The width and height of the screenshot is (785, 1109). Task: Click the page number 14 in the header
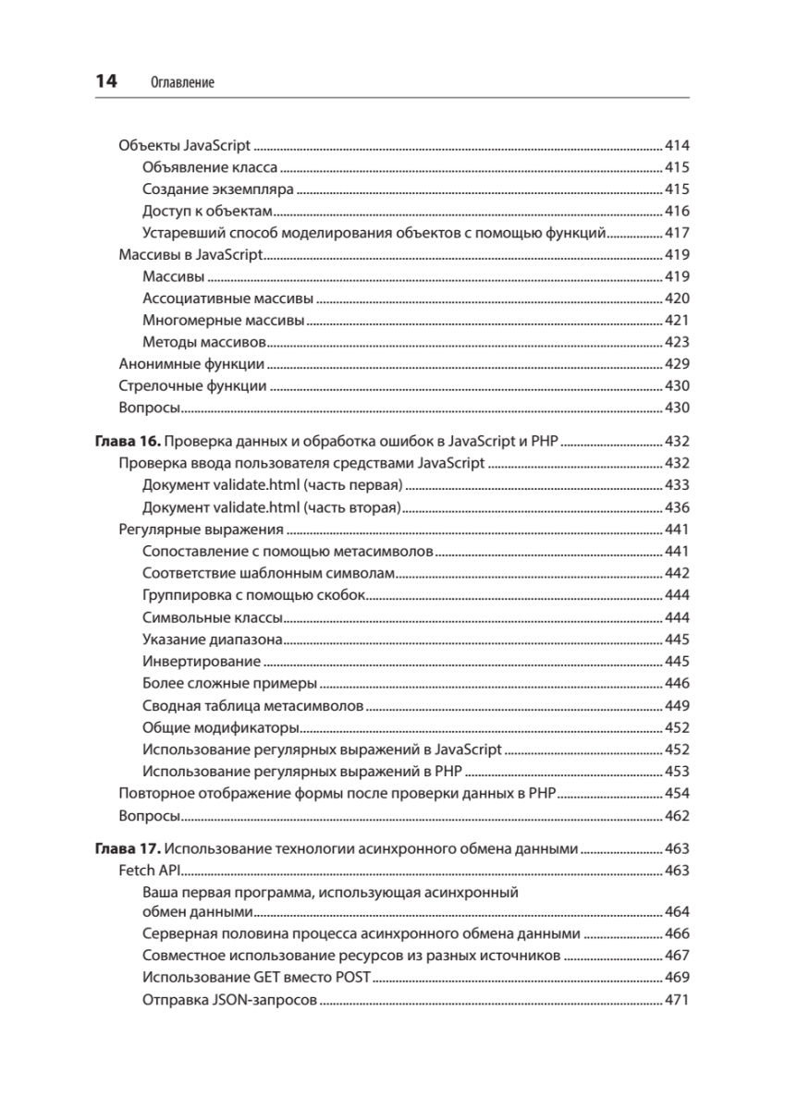106,81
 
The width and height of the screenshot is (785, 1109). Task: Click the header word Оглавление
181,83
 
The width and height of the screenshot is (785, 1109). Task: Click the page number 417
678,233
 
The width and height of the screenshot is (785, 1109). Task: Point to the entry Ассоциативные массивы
228,299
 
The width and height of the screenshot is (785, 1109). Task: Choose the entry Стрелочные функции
193,386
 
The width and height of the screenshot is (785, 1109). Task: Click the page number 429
678,364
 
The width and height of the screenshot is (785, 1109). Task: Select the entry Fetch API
150,871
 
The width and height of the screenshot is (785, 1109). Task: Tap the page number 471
678,999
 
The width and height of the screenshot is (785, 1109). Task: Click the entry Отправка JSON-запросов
230,999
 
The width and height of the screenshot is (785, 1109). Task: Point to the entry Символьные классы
212,617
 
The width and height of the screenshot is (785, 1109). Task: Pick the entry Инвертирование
202,662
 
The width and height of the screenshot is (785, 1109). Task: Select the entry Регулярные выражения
201,530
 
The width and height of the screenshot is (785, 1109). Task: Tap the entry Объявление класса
210,168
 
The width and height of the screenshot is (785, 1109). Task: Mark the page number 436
678,507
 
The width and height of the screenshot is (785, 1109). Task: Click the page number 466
678,933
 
